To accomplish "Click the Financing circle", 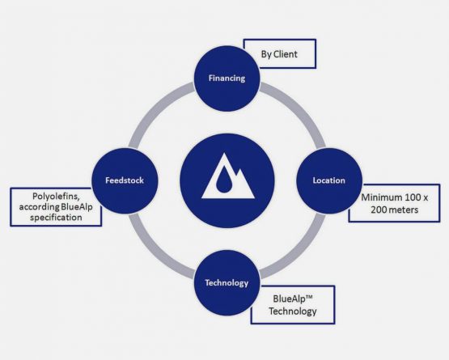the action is click(x=227, y=78).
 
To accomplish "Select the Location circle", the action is click(x=329, y=180).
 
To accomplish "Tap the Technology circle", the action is click(x=227, y=283).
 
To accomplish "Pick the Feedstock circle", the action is click(x=125, y=180).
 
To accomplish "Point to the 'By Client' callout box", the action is click(x=280, y=54).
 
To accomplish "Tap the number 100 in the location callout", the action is click(x=413, y=197).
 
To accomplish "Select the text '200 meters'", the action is click(x=394, y=210).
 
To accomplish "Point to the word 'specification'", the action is click(x=56, y=218).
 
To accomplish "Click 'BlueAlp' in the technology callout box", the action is click(x=287, y=299).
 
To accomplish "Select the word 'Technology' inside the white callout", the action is click(x=293, y=311).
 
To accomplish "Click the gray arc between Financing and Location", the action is click(x=299, y=109).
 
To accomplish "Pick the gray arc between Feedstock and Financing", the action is click(x=155, y=109).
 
